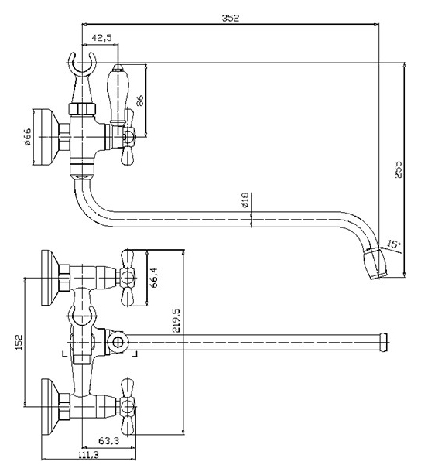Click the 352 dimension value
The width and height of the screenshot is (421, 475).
point(231,18)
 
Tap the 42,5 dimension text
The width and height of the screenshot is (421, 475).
point(102,38)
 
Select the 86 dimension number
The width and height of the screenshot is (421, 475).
point(140,101)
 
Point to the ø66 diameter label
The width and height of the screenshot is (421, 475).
point(27,137)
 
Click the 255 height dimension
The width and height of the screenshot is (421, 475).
point(398,169)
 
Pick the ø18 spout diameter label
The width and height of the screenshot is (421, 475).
point(245,200)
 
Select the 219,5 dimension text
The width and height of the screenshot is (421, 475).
point(176,321)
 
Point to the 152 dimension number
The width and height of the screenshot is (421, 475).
point(19,342)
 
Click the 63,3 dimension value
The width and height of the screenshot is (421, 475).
point(108,440)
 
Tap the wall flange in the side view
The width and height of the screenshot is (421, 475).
point(43,137)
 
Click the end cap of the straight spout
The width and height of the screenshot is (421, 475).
point(384,343)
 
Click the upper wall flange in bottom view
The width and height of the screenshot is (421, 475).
point(50,278)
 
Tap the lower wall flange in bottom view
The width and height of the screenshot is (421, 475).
point(50,407)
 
